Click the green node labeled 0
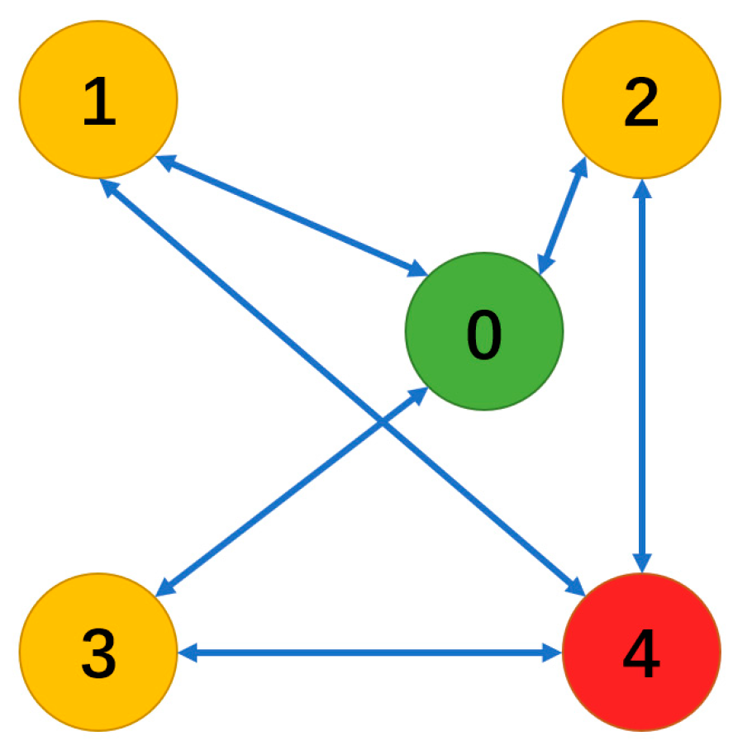point(483,330)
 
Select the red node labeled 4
point(641,653)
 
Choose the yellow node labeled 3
point(98,653)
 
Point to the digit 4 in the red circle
point(641,656)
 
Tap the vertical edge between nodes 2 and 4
point(642,372)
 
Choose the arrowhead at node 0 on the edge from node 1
point(417,268)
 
